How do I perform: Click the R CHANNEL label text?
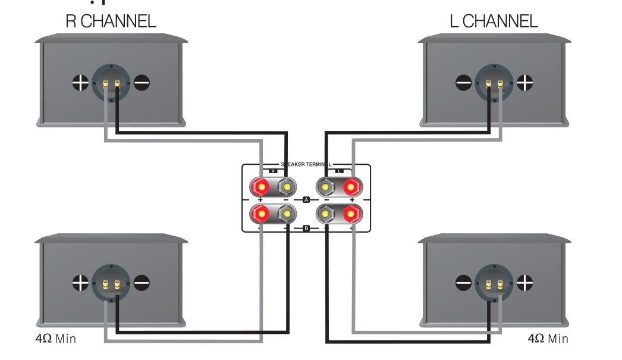pyautogui.click(x=110, y=22)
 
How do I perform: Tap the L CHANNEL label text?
pyautogui.click(x=495, y=22)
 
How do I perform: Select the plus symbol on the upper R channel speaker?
pyautogui.click(x=80, y=82)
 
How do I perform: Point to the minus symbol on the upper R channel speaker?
pyautogui.click(x=142, y=82)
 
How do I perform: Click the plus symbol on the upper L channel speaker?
pyautogui.click(x=524, y=82)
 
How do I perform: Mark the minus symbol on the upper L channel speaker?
pyautogui.click(x=463, y=82)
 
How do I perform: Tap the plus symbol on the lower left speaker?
pyautogui.click(x=80, y=281)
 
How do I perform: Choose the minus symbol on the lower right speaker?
pyautogui.click(x=463, y=281)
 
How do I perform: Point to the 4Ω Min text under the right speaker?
pyautogui.click(x=548, y=339)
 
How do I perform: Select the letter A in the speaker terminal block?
pyautogui.click(x=306, y=200)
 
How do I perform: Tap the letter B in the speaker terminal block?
pyautogui.click(x=306, y=228)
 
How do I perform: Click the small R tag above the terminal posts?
pyautogui.click(x=273, y=171)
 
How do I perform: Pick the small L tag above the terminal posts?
pyautogui.click(x=339, y=171)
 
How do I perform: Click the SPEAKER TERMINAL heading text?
pyautogui.click(x=306, y=164)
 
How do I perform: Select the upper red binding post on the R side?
pyautogui.click(x=260, y=188)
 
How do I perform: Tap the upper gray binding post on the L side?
pyautogui.click(x=325, y=188)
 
